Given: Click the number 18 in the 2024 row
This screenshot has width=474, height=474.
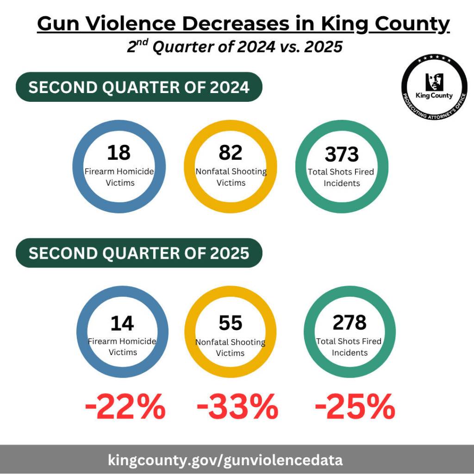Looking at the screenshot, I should pyautogui.click(x=118, y=152).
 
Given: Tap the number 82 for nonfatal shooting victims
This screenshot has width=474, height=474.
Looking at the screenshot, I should pyautogui.click(x=231, y=152).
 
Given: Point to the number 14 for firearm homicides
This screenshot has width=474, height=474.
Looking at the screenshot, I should pyautogui.click(x=122, y=324).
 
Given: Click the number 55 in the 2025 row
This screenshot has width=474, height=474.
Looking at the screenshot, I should pyautogui.click(x=231, y=323).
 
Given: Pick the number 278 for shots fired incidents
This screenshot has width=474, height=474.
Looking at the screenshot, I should pyautogui.click(x=349, y=323).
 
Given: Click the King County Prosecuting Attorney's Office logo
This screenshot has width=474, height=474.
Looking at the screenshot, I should pyautogui.click(x=434, y=87).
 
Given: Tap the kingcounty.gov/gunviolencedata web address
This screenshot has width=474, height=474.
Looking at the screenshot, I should pyautogui.click(x=225, y=460).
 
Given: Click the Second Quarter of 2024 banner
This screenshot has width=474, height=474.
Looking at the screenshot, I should pyautogui.click(x=139, y=87).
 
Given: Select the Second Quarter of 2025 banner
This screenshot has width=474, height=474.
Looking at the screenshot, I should pyautogui.click(x=139, y=253).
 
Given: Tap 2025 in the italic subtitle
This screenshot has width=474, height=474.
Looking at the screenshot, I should pyautogui.click(x=323, y=47).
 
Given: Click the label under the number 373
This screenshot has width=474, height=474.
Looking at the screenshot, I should pyautogui.click(x=342, y=177).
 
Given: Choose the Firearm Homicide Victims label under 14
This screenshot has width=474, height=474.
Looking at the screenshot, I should pyautogui.click(x=122, y=347).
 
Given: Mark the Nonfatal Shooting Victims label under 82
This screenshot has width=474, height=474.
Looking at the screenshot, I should pyautogui.click(x=231, y=177).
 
